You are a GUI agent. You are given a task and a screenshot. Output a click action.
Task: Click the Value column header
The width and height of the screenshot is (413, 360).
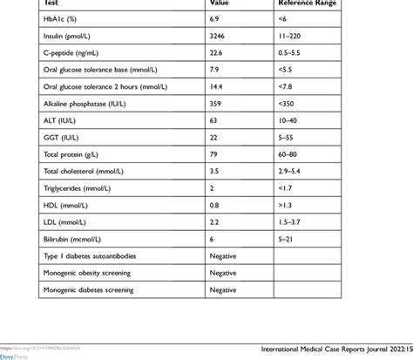[220, 3]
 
